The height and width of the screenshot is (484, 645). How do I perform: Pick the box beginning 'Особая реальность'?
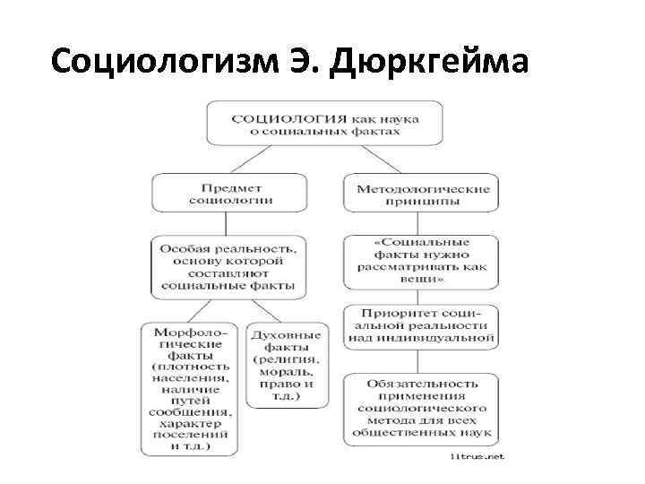pyautogui.click(x=228, y=266)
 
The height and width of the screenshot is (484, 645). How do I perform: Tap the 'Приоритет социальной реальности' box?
pyautogui.click(x=420, y=326)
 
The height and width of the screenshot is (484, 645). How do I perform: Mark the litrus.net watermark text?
pyautogui.click(x=477, y=457)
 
